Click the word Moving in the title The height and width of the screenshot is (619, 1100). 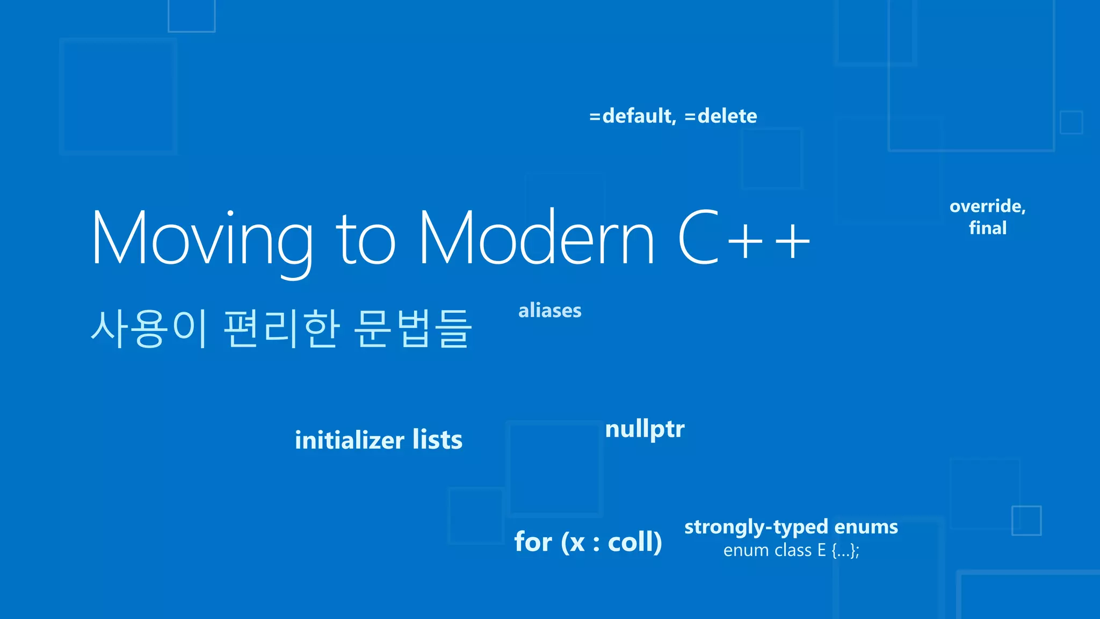point(202,240)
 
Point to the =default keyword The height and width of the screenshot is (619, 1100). point(632,116)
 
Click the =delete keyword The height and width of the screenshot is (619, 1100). point(721,116)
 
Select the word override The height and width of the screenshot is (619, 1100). point(987,206)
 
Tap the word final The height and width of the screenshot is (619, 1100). point(988,228)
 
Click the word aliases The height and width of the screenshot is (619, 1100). point(549,311)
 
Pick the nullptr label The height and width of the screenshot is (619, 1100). point(645,429)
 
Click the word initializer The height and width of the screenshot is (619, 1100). point(349,440)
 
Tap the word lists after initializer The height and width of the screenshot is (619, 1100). point(437,440)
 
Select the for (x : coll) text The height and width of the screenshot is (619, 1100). point(588,542)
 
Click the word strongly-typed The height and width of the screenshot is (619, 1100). point(756,527)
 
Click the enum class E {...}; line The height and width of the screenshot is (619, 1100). point(791,550)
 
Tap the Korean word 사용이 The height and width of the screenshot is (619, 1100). point(148,329)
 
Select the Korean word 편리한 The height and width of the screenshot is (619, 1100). point(281,329)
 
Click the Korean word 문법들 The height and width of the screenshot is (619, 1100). point(412,329)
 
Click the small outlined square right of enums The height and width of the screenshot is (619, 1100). point(1026,520)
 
